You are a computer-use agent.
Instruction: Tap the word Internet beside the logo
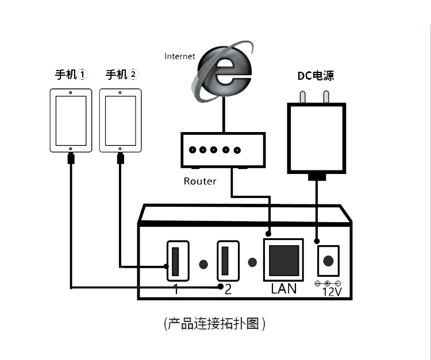pyautogui.click(x=180, y=56)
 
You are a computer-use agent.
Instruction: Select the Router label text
pyautogui.click(x=200, y=181)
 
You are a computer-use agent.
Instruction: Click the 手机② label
pyautogui.click(x=122, y=75)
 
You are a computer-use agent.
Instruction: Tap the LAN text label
pyautogui.click(x=283, y=289)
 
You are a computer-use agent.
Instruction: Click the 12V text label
pyautogui.click(x=332, y=292)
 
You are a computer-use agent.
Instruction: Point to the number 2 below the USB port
pyautogui.click(x=228, y=289)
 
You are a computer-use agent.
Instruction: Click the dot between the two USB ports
pyautogui.click(x=203, y=264)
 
